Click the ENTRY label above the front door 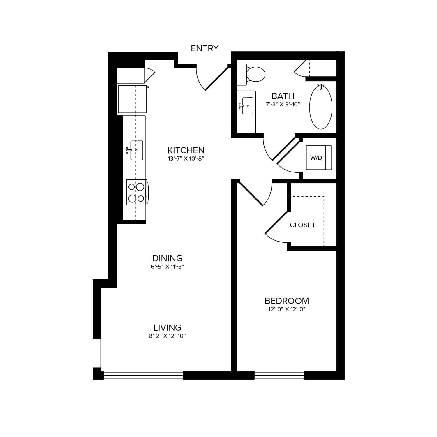(x=205, y=48)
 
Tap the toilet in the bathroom (x=251, y=74)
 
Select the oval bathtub (x=321, y=107)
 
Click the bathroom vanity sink (x=248, y=106)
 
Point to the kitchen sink (x=136, y=150)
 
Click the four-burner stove (x=137, y=192)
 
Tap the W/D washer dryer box (x=319, y=158)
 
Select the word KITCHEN (x=186, y=150)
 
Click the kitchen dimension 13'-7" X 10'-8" (x=186, y=159)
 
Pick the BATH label (x=283, y=96)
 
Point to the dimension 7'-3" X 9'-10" (x=283, y=105)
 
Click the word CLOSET (x=302, y=225)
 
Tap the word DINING (x=167, y=258)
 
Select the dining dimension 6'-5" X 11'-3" (x=167, y=267)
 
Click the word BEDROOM (x=287, y=301)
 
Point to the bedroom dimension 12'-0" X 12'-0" (x=287, y=309)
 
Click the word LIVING (x=167, y=327)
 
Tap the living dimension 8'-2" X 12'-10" (x=167, y=336)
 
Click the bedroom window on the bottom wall (x=279, y=375)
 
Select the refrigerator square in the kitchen (x=133, y=99)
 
